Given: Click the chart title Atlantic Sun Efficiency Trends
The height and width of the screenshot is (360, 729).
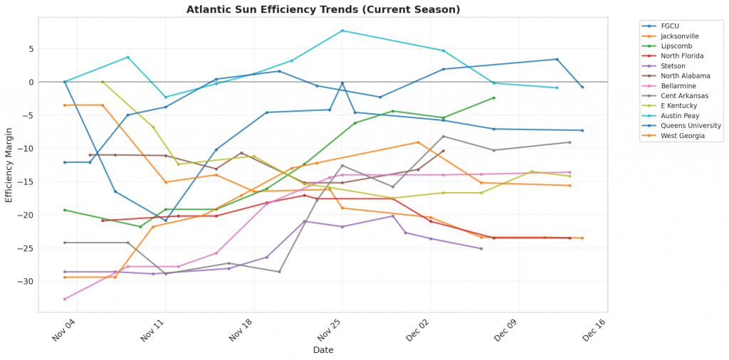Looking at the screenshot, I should point(323,9).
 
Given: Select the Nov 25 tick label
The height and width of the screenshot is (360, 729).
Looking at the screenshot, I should point(329,329).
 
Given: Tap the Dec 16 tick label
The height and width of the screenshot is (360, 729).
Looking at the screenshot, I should point(593,329).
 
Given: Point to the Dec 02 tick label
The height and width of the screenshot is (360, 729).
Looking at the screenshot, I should point(416,329).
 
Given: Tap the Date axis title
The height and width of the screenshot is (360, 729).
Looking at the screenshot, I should point(323,350).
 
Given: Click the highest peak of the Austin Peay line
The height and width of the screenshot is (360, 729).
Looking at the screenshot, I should point(342,31).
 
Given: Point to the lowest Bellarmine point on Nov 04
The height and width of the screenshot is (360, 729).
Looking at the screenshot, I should point(65,299).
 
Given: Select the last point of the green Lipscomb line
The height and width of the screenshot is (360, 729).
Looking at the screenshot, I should point(493,98).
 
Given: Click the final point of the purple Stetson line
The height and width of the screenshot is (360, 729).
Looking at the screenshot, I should point(481,248).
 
